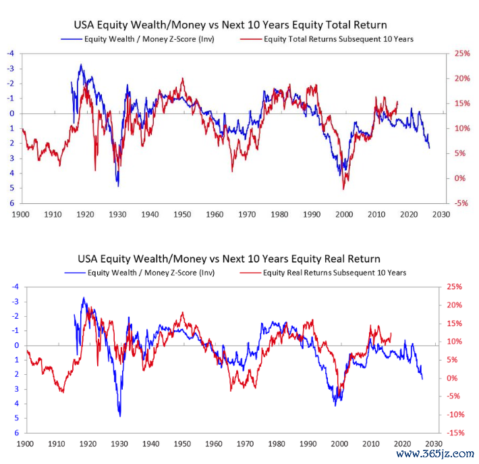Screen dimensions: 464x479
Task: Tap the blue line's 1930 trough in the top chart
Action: click(117, 184)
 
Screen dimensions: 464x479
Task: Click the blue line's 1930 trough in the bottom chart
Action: click(120, 415)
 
